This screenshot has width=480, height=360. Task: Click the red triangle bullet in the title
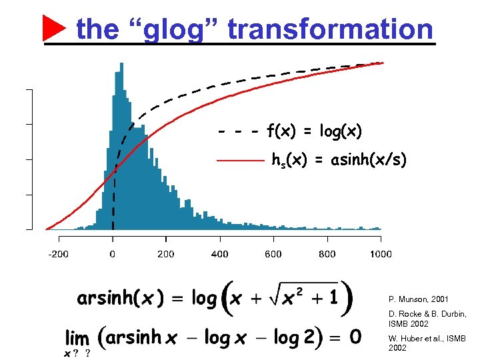click(54, 28)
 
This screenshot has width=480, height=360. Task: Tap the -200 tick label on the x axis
click(59, 254)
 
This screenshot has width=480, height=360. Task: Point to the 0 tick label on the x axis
click(113, 254)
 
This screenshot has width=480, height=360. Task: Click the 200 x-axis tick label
click(166, 254)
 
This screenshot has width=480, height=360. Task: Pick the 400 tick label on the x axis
click(219, 254)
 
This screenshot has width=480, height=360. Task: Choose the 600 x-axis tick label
click(273, 254)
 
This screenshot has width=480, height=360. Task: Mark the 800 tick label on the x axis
click(327, 254)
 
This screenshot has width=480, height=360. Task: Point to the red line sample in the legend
click(241, 161)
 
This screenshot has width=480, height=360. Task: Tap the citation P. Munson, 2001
click(418, 300)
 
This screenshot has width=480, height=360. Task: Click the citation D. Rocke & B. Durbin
click(427, 318)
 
